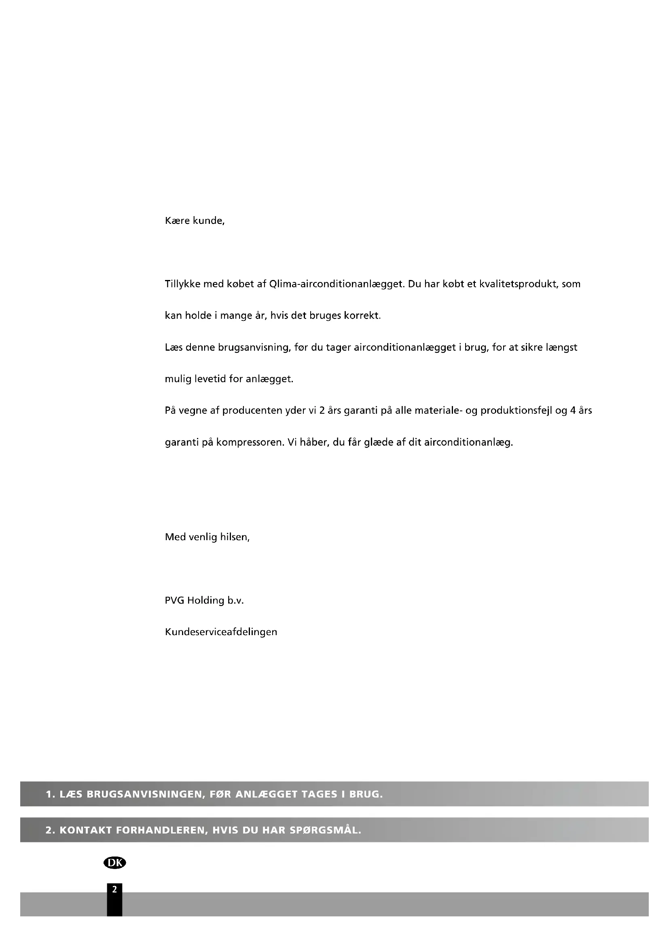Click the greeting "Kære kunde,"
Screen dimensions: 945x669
click(x=195, y=221)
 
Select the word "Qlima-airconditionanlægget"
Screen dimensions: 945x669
click(x=336, y=284)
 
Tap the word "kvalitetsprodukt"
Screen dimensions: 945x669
click(x=519, y=284)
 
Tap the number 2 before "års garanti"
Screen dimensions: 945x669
click(x=322, y=411)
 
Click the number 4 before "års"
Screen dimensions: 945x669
click(x=573, y=411)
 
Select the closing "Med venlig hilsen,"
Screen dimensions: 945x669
click(x=207, y=537)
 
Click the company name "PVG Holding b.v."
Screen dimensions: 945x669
click(x=204, y=600)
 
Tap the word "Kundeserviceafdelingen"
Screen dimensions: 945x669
click(x=221, y=632)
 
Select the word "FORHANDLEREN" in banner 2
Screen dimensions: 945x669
click(x=161, y=830)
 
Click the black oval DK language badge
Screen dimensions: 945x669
click(x=114, y=863)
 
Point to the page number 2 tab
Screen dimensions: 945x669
click(x=114, y=891)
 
